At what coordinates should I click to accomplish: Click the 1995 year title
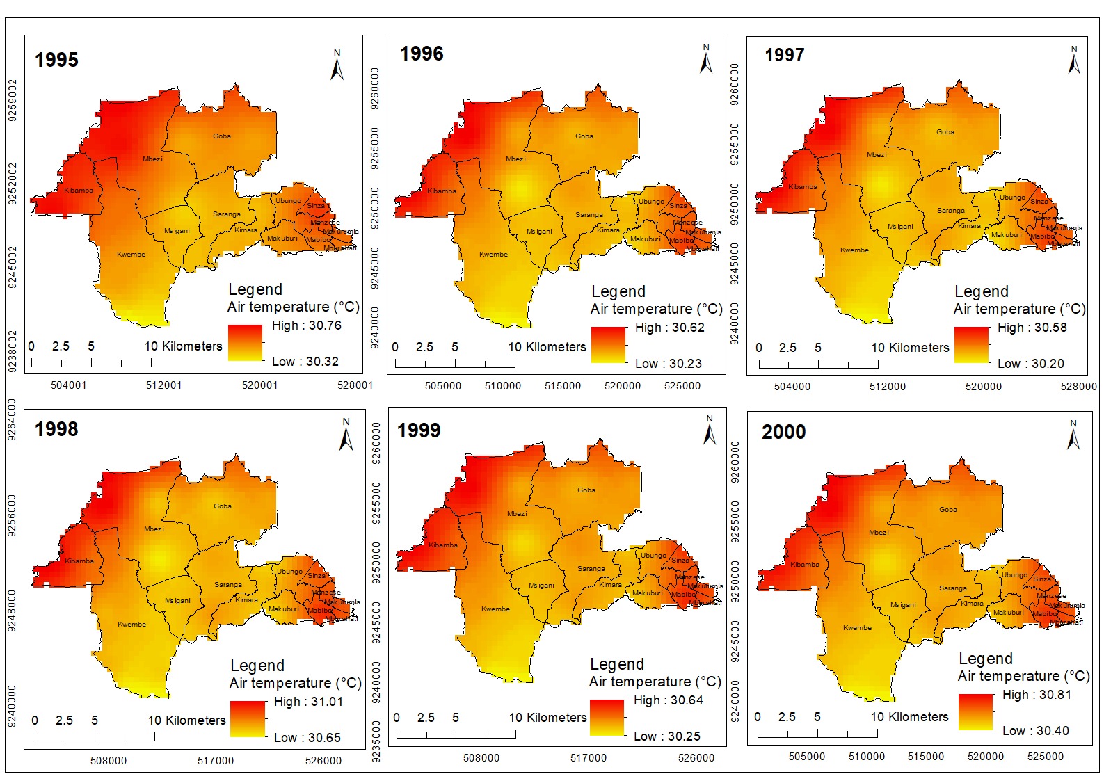[x=56, y=60]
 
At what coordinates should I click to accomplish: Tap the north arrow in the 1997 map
[x=1074, y=61]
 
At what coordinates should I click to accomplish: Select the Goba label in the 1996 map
[x=584, y=136]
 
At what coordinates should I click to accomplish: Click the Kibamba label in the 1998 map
[x=79, y=561]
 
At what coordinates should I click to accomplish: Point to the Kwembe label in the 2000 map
[x=857, y=628]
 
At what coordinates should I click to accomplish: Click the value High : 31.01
[x=308, y=702]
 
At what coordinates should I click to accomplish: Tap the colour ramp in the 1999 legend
[x=607, y=717]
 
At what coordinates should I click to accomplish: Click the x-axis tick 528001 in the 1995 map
[x=355, y=385]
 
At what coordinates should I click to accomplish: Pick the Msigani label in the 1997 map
[x=900, y=227]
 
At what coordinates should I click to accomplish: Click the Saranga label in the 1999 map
[x=591, y=569]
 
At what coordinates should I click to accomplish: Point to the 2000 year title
[x=783, y=433]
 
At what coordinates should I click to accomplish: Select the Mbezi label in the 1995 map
[x=152, y=159]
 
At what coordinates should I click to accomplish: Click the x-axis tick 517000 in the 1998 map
[x=216, y=761]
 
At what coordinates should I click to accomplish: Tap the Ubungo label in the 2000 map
[x=1014, y=575]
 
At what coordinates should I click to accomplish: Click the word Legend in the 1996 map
[x=618, y=291]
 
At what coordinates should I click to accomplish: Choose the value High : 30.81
[x=1037, y=695]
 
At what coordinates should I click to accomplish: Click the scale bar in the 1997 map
[x=803, y=364]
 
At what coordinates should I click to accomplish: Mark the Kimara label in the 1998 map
[x=246, y=600]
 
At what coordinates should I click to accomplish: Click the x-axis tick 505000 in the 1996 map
[x=443, y=386]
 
